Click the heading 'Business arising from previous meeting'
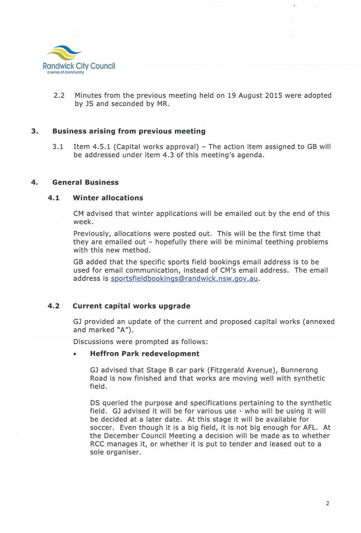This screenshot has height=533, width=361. pos(129,131)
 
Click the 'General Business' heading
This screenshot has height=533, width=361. pos(85,182)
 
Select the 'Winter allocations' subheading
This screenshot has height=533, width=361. pos(108,198)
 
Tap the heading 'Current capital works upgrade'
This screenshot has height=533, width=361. pos(131,305)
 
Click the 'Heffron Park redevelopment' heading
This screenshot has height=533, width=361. pos(145,354)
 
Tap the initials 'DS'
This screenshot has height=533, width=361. pos(95,403)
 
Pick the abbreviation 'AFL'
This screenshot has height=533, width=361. pos(309,428)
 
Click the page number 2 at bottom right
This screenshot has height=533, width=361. pos(327,503)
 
